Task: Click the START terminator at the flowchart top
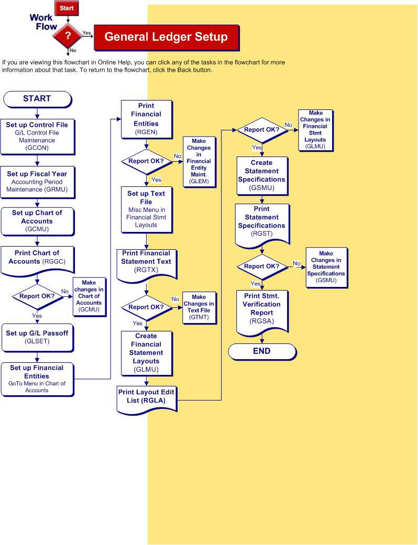point(37,98)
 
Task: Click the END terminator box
point(261,351)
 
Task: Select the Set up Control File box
point(37,136)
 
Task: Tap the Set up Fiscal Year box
point(37,181)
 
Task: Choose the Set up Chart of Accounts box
point(37,221)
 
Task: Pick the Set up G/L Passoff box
point(37,336)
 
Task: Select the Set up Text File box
point(146,209)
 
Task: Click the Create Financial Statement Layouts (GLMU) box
point(146,352)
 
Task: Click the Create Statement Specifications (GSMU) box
point(261,175)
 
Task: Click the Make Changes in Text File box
point(199,307)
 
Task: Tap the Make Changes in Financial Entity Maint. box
point(199,161)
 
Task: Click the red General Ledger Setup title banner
point(166,37)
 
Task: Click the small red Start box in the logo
point(67,8)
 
